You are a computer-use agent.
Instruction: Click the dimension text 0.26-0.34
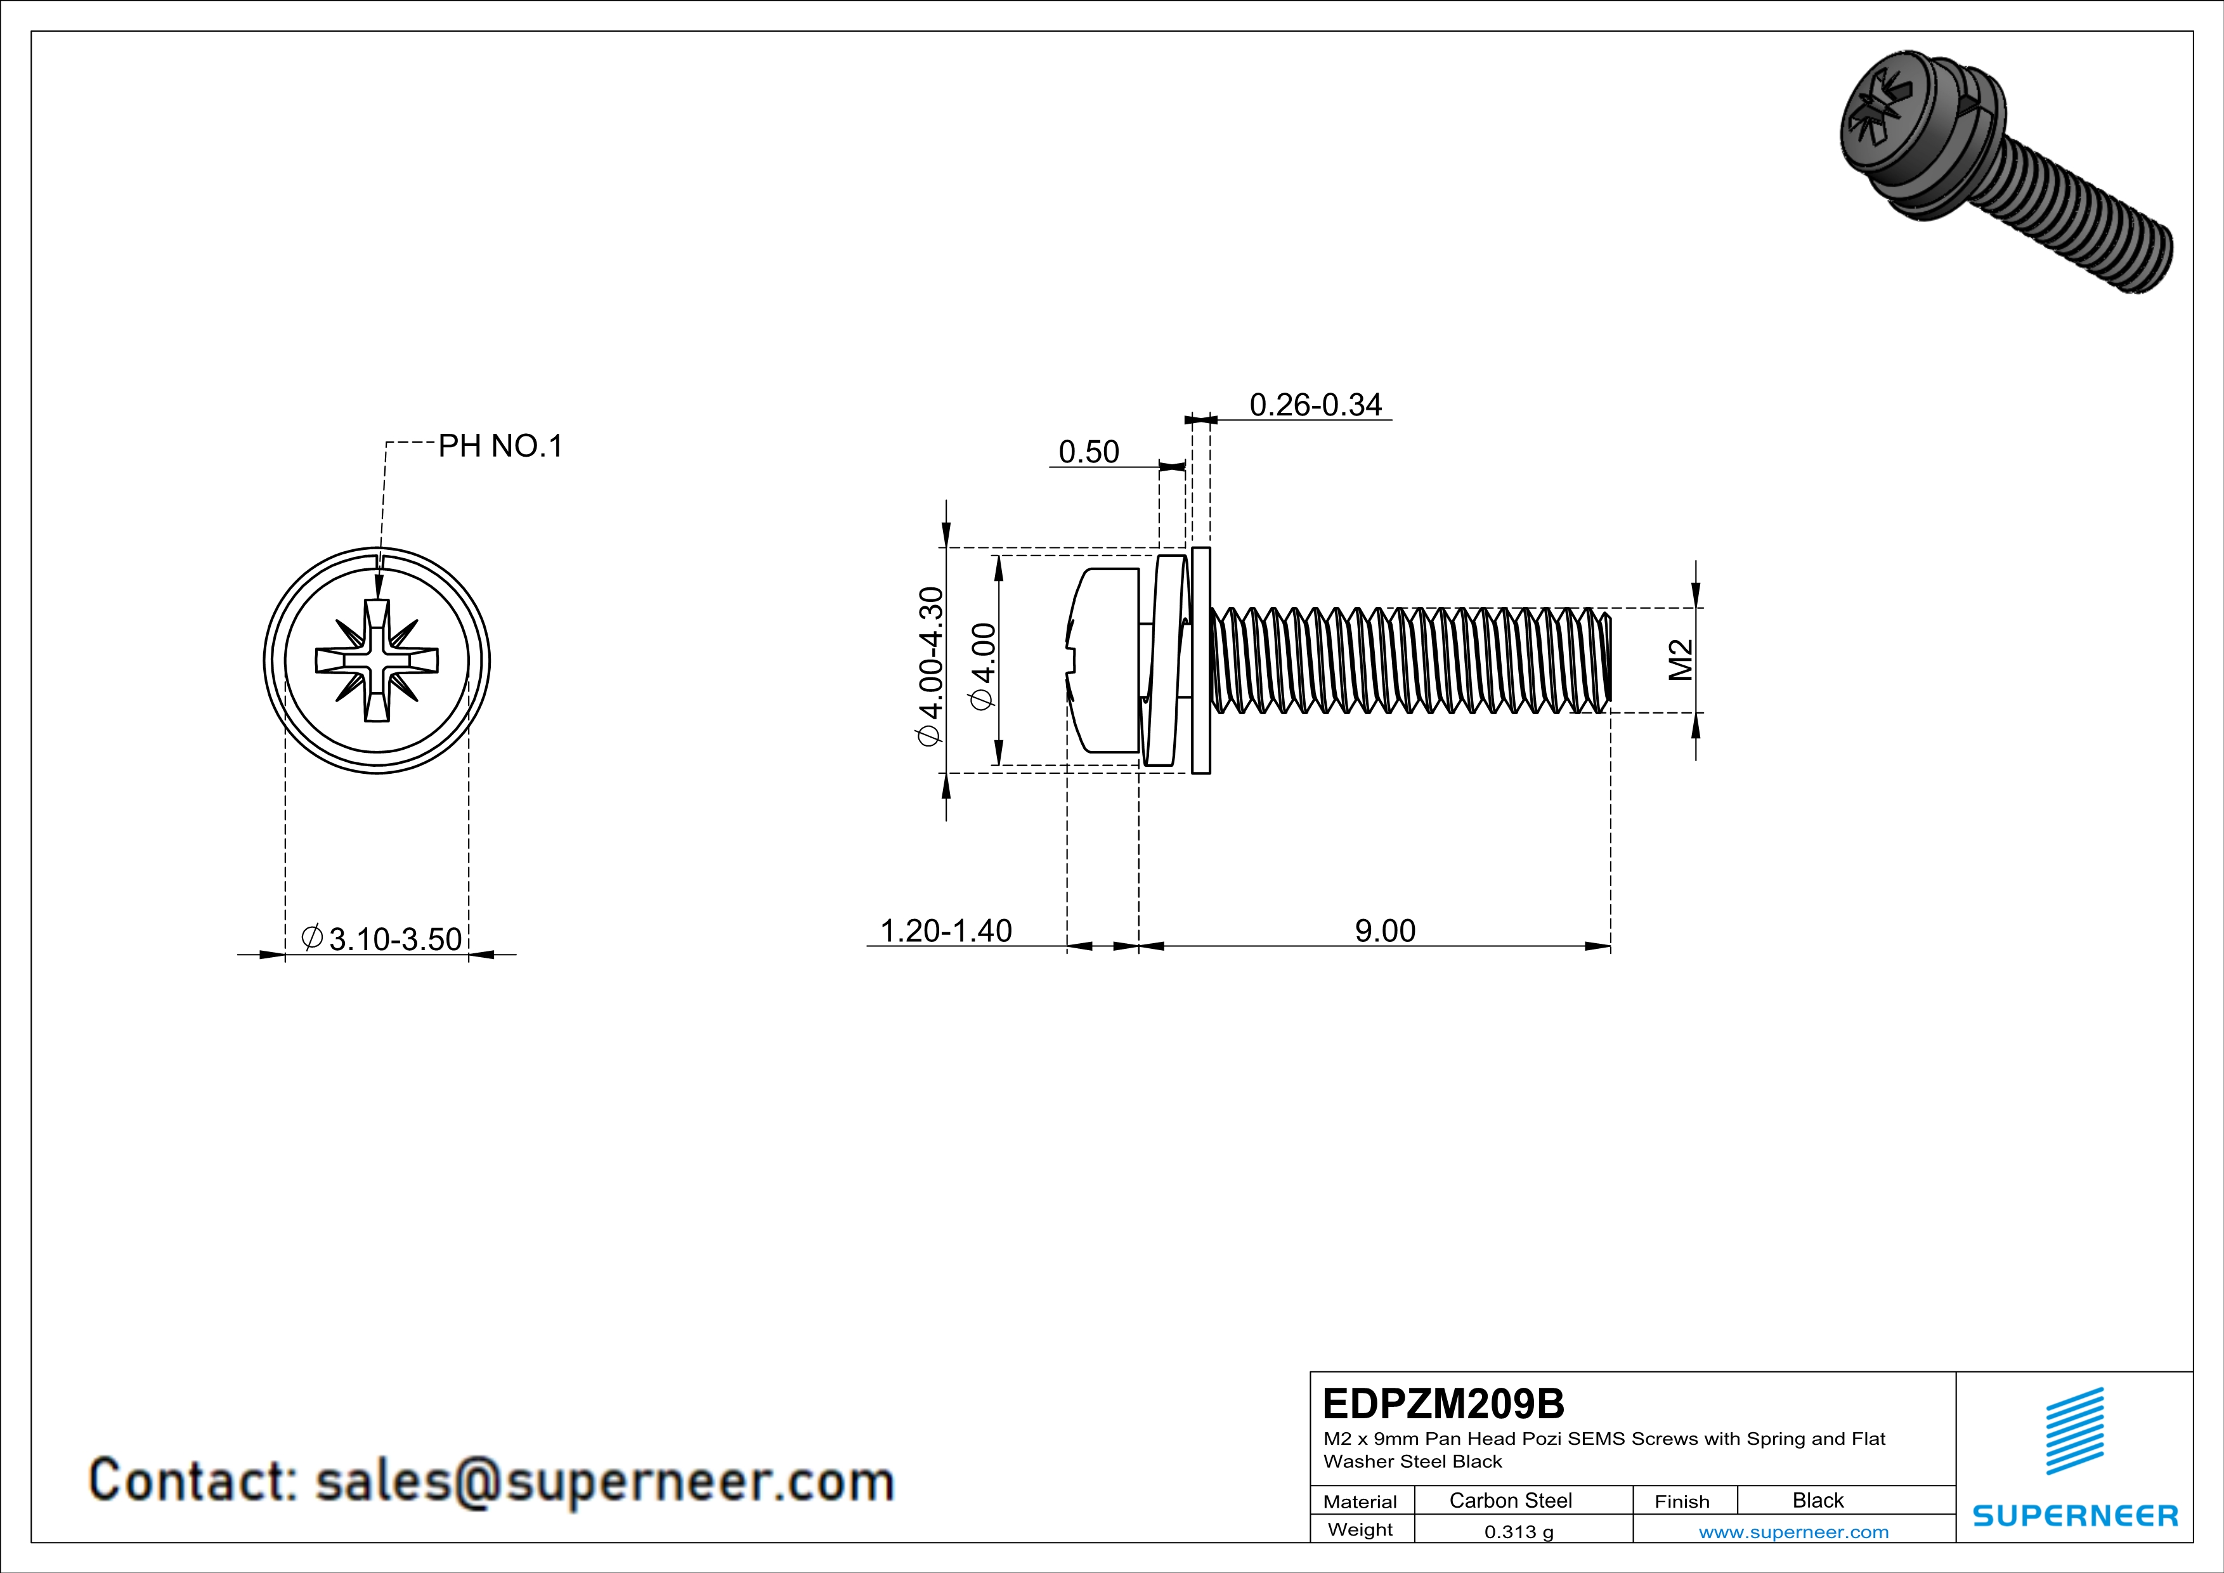coord(1315,405)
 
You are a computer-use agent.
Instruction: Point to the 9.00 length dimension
coord(1384,931)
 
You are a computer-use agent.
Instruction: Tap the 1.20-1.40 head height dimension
coord(946,931)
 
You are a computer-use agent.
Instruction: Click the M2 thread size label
coord(1681,660)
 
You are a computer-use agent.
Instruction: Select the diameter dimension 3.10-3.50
coord(384,939)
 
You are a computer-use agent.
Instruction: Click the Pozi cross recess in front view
coord(377,660)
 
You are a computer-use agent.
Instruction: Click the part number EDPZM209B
coord(1442,1404)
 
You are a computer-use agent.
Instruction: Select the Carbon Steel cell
coord(1510,1500)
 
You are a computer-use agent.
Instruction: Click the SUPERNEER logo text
coord(2075,1516)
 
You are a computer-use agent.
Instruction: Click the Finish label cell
coord(1682,1501)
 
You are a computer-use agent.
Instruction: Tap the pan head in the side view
coord(1104,660)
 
